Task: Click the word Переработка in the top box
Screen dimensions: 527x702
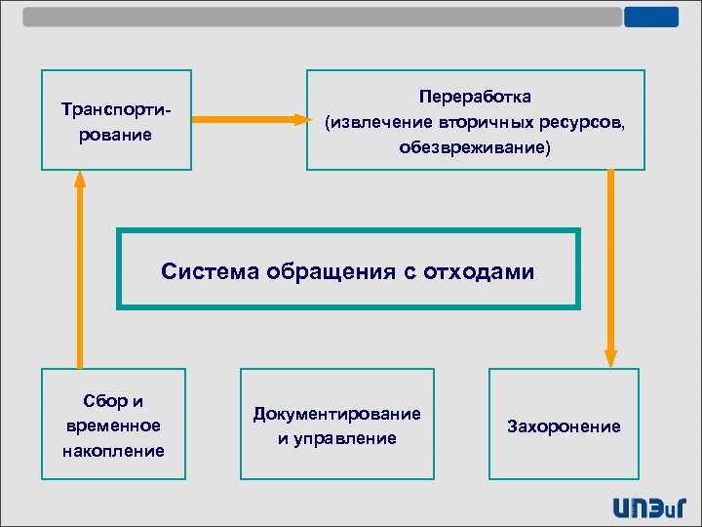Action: [x=475, y=98]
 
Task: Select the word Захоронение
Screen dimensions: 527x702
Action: [x=564, y=426]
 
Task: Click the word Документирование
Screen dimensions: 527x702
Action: [x=337, y=414]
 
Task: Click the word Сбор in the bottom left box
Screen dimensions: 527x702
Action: [x=99, y=400]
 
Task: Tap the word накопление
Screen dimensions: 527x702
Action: [x=113, y=451]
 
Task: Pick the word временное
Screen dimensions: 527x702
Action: [x=113, y=426]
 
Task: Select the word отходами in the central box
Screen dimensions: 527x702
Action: [x=479, y=271]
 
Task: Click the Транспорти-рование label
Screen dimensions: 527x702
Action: [x=115, y=120]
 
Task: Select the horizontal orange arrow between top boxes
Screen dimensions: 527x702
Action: [x=249, y=120]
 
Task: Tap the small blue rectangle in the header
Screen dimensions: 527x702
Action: [x=651, y=17]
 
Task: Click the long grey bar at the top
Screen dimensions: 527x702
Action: [x=322, y=17]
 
